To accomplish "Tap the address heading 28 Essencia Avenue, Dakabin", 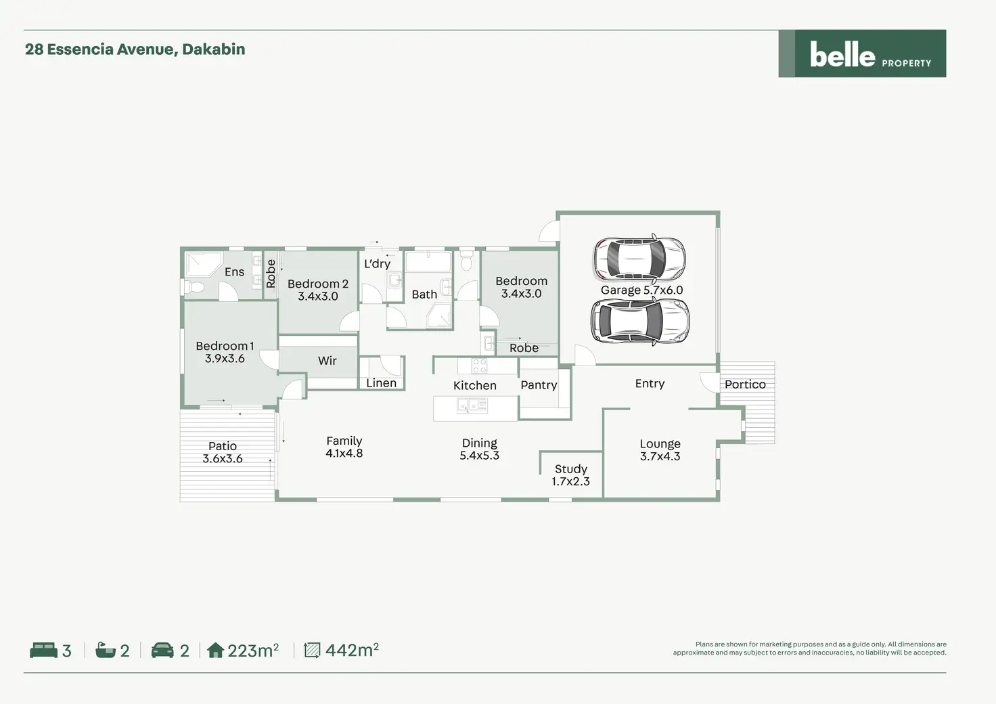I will (x=135, y=49).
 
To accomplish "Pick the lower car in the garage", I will (x=639, y=322).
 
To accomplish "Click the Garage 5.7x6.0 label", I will (x=641, y=290).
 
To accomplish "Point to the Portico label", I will (x=745, y=384).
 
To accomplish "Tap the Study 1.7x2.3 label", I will (x=570, y=475).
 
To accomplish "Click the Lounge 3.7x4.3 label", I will (x=660, y=449).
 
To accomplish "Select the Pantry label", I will (x=539, y=384).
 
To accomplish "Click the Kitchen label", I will (x=474, y=385).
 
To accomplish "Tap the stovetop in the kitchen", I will (x=479, y=366).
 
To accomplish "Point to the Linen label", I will (x=381, y=383).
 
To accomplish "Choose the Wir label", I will (x=327, y=361).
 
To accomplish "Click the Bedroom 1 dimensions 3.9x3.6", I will (x=225, y=359).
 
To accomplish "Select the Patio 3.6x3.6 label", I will (x=222, y=452).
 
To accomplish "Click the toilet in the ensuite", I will (x=195, y=287).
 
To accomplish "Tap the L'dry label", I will (x=377, y=263).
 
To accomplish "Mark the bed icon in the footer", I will (x=43, y=651).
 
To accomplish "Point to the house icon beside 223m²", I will (x=215, y=651).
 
